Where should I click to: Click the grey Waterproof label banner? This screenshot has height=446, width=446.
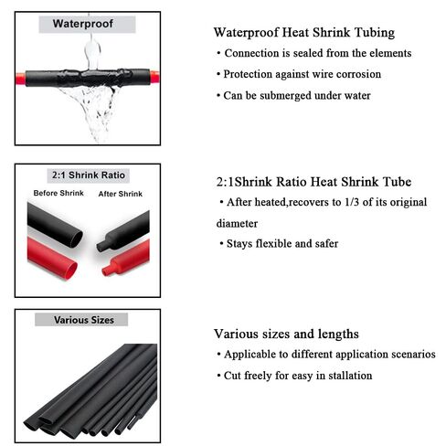tap(82, 23)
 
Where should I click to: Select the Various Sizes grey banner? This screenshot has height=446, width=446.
tap(81, 320)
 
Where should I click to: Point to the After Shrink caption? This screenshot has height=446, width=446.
tap(119, 194)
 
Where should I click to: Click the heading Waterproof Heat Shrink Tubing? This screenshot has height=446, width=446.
tap(303, 33)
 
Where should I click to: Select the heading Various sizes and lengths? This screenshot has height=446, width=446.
tap(286, 334)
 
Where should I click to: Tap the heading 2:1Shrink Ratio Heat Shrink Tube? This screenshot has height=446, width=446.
tap(312, 182)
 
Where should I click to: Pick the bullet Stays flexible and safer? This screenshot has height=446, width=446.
tap(280, 243)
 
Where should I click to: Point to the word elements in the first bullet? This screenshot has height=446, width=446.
tap(388, 53)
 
